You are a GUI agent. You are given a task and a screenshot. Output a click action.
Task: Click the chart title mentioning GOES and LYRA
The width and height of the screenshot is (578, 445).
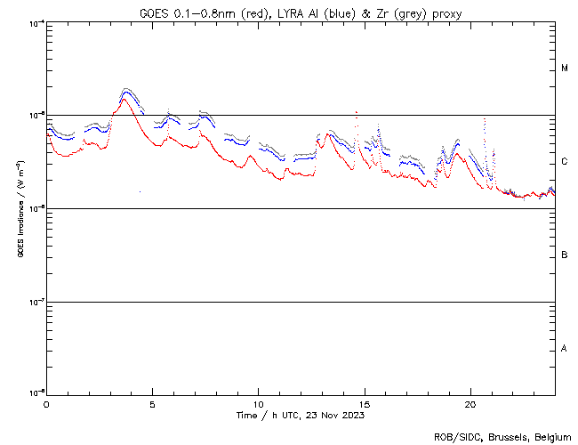pyautogui.click(x=301, y=12)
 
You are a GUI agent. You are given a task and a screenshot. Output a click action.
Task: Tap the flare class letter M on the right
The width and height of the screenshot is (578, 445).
pyautogui.click(x=565, y=69)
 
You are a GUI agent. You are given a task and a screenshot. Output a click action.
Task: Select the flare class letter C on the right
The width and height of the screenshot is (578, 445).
pyautogui.click(x=565, y=162)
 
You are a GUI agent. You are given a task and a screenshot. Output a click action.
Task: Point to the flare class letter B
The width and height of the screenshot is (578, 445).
pyautogui.click(x=565, y=255)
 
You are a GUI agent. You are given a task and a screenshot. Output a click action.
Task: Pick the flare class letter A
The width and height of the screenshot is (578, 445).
pyautogui.click(x=565, y=349)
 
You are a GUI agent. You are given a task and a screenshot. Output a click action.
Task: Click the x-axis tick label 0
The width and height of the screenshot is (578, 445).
pyautogui.click(x=46, y=404)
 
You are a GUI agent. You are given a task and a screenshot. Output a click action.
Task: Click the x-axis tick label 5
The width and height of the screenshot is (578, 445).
pyautogui.click(x=152, y=404)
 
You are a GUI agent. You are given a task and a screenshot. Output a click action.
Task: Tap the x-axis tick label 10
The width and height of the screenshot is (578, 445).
pyautogui.click(x=258, y=404)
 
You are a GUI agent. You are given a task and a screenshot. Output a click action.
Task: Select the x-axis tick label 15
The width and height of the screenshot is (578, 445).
pyautogui.click(x=365, y=404)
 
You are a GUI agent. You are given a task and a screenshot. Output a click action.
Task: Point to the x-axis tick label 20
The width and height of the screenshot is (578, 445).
pyautogui.click(x=470, y=404)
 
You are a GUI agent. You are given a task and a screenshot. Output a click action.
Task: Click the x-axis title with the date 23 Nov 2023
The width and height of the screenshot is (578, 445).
pyautogui.click(x=301, y=416)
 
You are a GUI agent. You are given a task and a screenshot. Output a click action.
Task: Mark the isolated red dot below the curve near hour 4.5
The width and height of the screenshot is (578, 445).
pyautogui.click(x=140, y=190)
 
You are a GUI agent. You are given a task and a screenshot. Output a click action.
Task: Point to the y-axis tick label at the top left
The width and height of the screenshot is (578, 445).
pyautogui.click(x=36, y=22)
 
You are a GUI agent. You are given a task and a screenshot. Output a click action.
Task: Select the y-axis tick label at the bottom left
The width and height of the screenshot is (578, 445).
pyautogui.click(x=36, y=393)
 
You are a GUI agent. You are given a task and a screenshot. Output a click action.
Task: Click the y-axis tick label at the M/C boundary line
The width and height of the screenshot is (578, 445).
pyautogui.click(x=36, y=115)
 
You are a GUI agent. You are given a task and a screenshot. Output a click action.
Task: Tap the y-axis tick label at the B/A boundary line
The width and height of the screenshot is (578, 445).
pyautogui.click(x=36, y=302)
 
